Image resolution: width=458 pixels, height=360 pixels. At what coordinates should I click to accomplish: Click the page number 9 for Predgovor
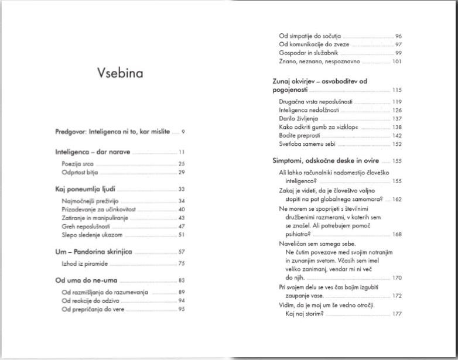tap(183, 132)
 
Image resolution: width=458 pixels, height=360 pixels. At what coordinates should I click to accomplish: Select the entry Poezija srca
tap(78, 164)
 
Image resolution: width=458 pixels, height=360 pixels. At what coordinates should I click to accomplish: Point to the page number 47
tap(182, 226)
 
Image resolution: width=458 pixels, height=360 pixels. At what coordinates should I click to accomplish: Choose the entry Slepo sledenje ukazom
tap(91, 235)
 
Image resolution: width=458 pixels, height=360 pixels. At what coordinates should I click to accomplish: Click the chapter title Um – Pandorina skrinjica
tap(94, 252)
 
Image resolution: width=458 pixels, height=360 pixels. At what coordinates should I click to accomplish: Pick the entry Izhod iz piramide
tap(86, 264)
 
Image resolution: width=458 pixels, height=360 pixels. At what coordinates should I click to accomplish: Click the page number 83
tap(182, 280)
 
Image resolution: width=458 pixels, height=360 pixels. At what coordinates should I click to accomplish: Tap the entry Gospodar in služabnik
tap(309, 53)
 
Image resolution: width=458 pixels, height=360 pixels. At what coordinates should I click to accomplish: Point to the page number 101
tap(397, 61)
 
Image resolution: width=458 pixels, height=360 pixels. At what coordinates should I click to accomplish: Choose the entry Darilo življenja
tap(299, 118)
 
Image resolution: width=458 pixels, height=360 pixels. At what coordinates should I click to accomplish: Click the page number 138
tap(397, 127)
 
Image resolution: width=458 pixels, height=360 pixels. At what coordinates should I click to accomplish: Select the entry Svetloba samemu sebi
tap(307, 144)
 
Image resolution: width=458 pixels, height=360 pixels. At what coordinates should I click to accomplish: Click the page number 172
tap(397, 296)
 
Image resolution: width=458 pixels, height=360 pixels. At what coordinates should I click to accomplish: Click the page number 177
tap(397, 314)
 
